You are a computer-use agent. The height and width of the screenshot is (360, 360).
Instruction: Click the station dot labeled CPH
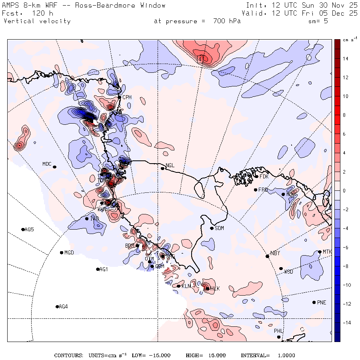(119, 97)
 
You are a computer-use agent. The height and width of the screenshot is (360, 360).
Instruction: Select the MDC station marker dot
(54, 167)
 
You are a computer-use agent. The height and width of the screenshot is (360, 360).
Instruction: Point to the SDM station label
(219, 228)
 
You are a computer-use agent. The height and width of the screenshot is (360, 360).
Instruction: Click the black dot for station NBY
(267, 256)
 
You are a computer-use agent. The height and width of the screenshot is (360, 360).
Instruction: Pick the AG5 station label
(29, 230)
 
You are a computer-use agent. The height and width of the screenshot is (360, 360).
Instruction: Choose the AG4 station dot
(57, 307)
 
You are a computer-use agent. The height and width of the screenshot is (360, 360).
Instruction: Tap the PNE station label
(322, 302)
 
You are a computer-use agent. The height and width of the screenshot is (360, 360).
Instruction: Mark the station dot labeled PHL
(279, 337)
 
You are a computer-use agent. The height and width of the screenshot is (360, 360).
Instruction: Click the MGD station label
(69, 253)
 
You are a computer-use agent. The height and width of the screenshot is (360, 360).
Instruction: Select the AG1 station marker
(98, 269)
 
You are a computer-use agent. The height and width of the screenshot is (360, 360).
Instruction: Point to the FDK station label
(264, 176)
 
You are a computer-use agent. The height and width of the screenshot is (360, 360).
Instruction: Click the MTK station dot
(320, 252)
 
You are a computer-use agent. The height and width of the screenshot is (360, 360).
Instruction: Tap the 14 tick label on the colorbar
(345, 58)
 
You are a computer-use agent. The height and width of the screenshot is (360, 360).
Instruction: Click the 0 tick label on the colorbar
(344, 190)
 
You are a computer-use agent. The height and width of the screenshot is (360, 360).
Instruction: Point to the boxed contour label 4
(200, 59)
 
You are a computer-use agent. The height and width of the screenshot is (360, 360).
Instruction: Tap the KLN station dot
(178, 286)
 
